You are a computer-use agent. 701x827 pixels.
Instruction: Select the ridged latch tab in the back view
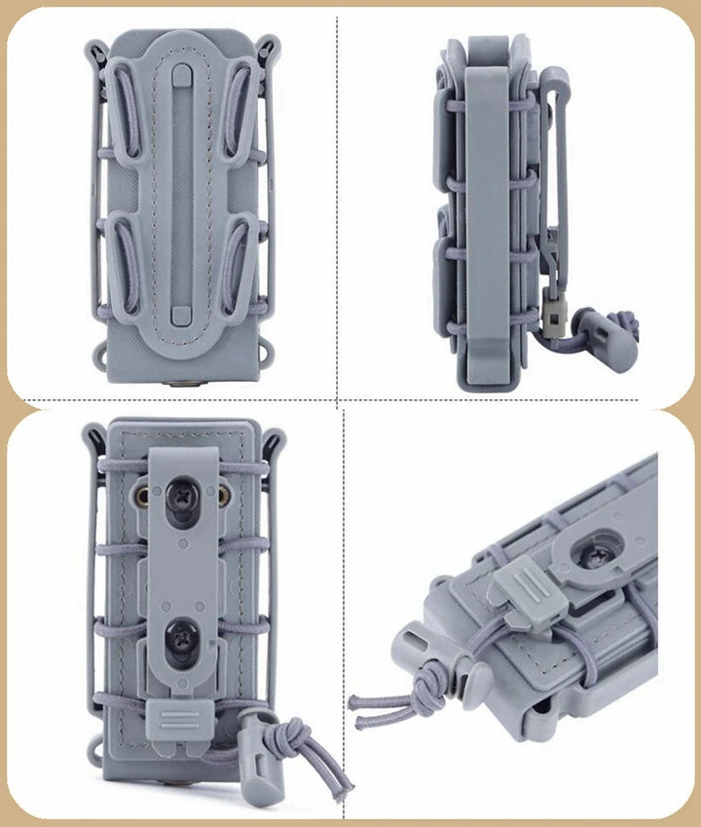[178, 721]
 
